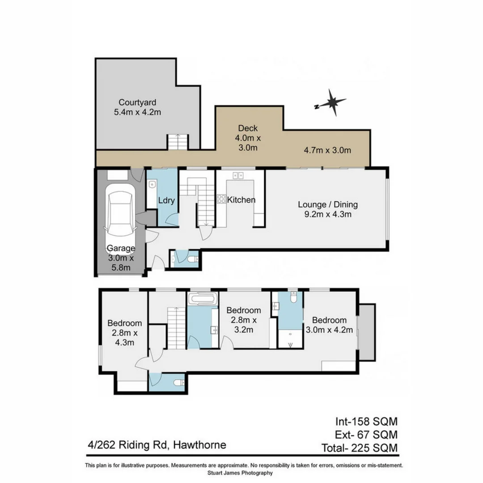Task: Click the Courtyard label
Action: [x=137, y=102]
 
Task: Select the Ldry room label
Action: [x=166, y=201]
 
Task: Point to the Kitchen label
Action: [x=241, y=200]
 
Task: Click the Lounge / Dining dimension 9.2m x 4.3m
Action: [x=328, y=215]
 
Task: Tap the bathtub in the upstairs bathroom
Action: [x=203, y=299]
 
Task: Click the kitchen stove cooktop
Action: [x=221, y=199]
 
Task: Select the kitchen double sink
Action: [x=238, y=175]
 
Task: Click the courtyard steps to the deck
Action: [x=178, y=142]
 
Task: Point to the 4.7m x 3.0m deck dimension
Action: [x=327, y=150]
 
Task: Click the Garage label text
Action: [x=120, y=249]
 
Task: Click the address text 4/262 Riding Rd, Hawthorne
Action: [x=157, y=445]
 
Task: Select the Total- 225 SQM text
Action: [x=360, y=447]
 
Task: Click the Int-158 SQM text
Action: [x=366, y=421]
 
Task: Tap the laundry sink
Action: [x=152, y=183]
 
